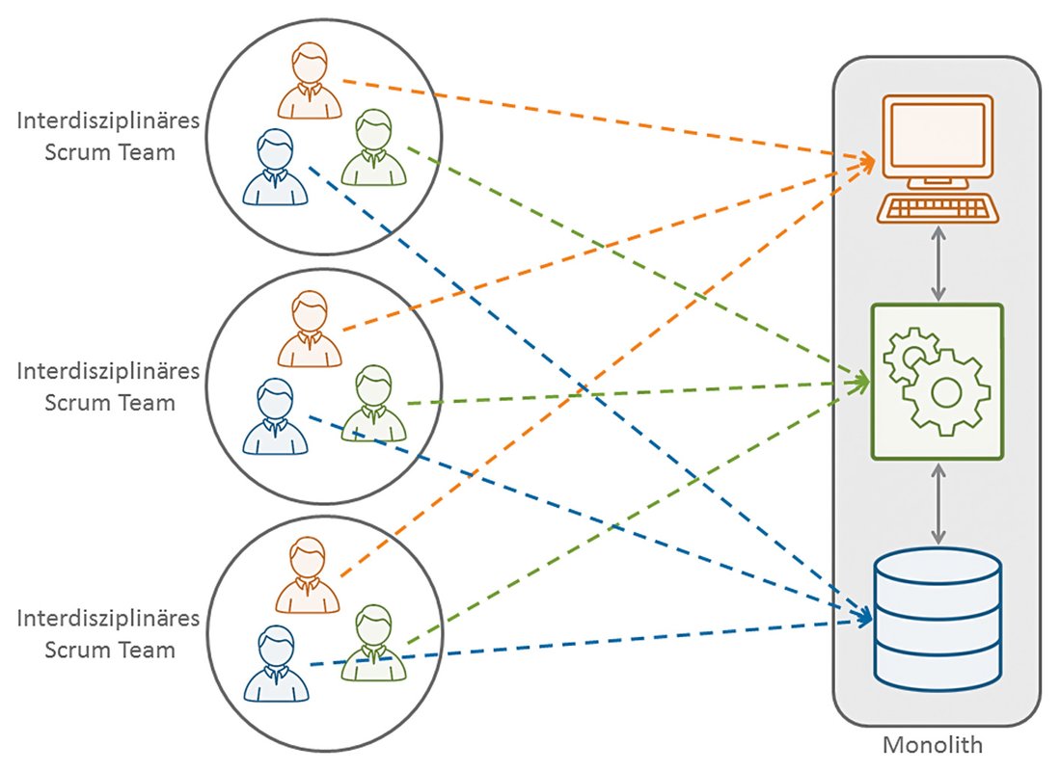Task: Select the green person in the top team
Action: (373, 148)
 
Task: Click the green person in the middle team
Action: (373, 405)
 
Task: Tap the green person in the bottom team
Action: (373, 644)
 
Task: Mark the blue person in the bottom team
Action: (276, 664)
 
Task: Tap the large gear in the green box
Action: (945, 391)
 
